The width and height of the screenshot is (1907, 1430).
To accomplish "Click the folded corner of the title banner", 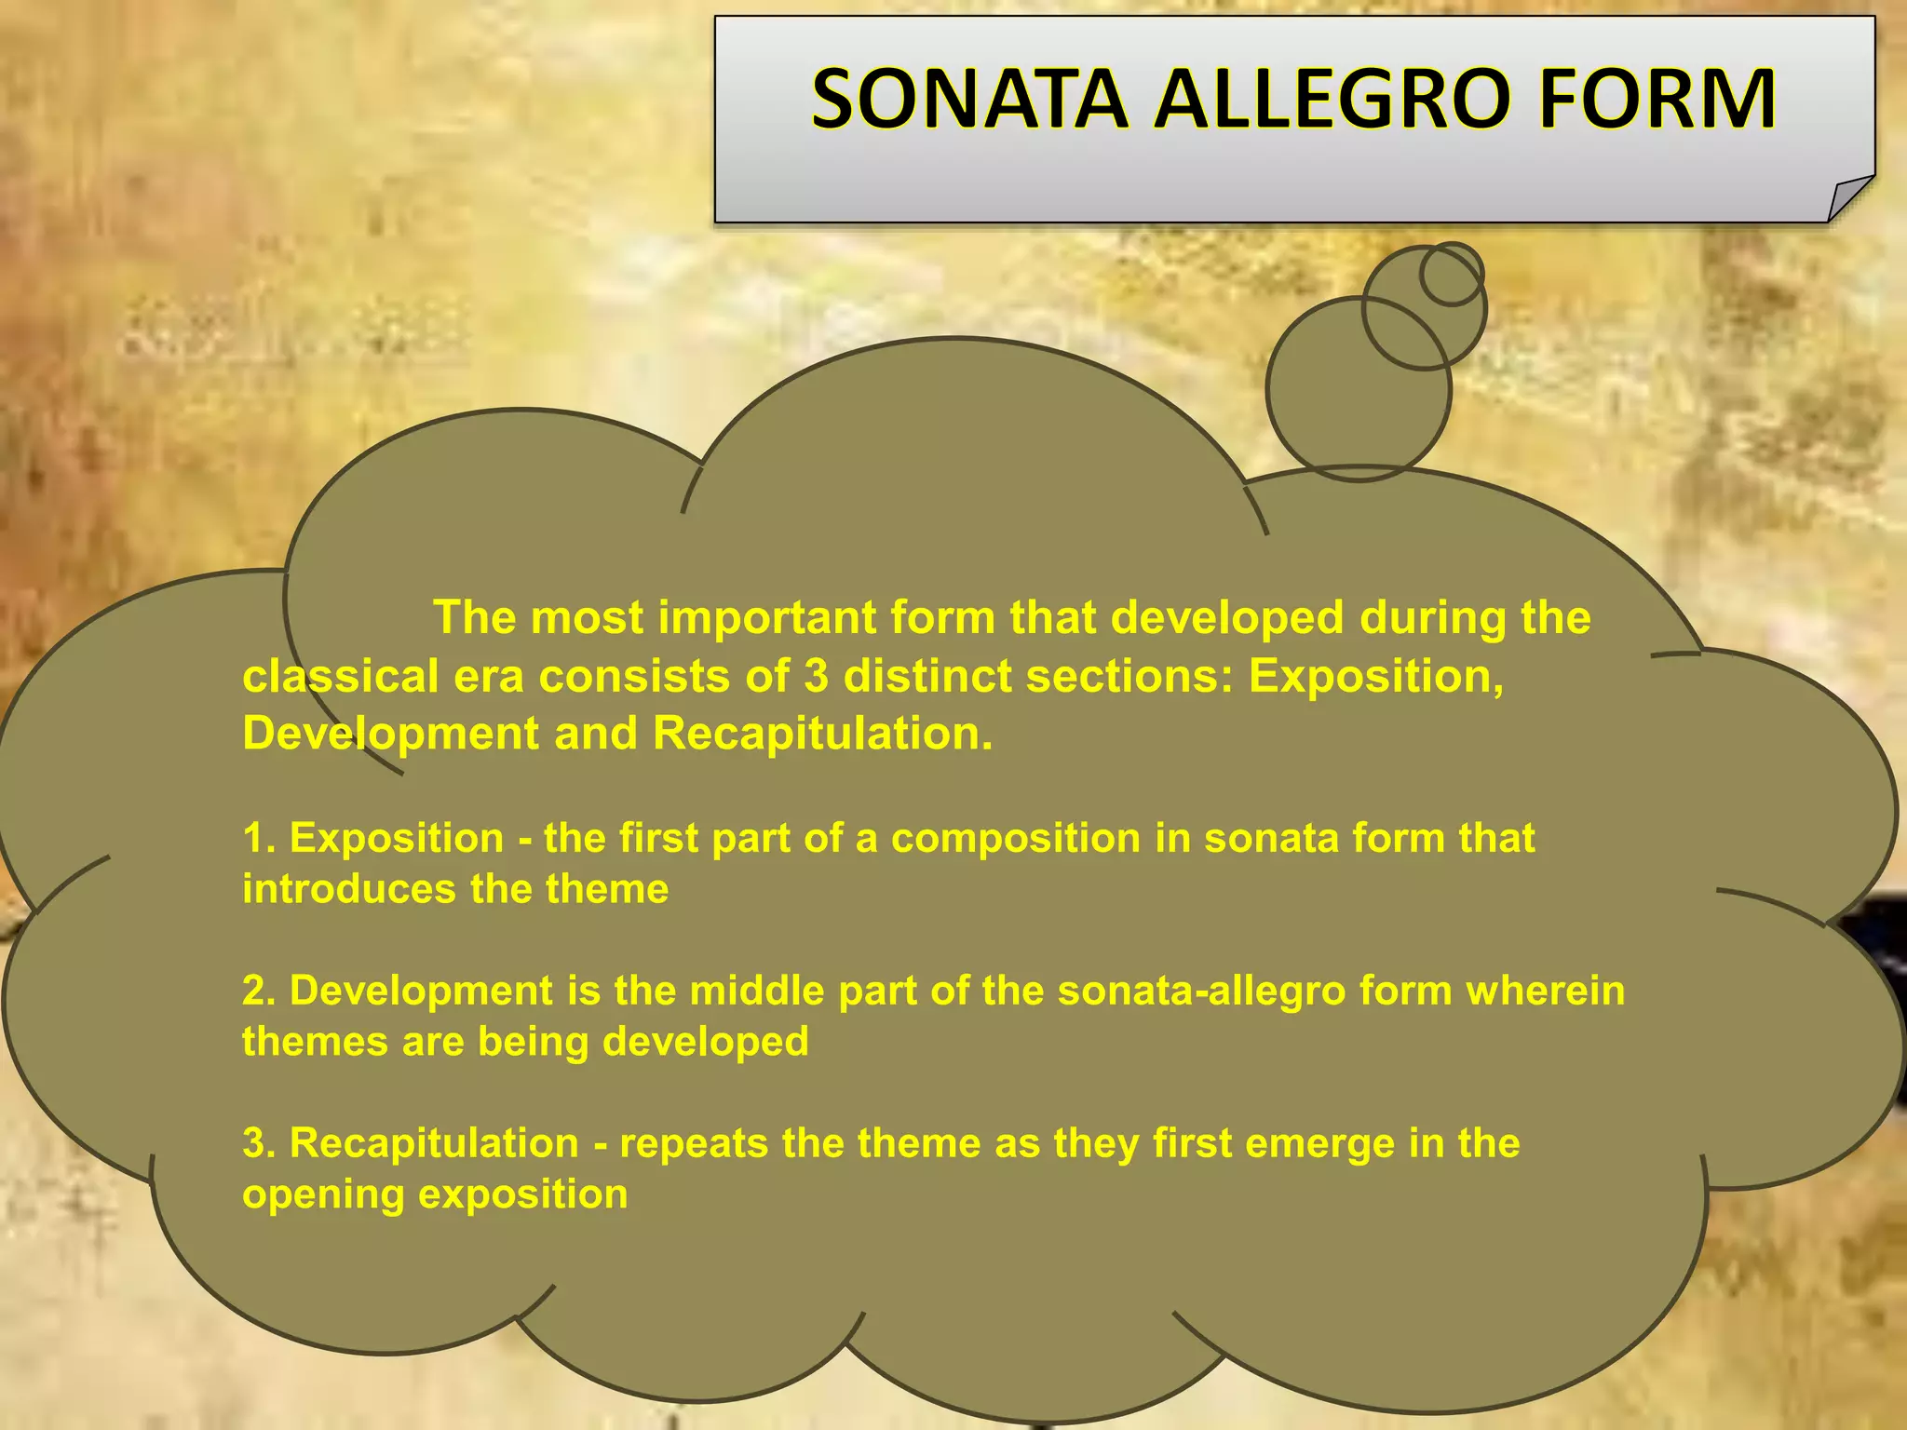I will (1848, 199).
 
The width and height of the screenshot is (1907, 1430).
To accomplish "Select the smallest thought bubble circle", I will (1451, 274).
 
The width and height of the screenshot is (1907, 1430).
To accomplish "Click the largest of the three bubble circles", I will (1358, 389).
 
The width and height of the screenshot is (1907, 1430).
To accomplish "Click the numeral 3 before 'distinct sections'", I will (816, 676).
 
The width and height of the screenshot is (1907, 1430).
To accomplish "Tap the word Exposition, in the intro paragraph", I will (1375, 676).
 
